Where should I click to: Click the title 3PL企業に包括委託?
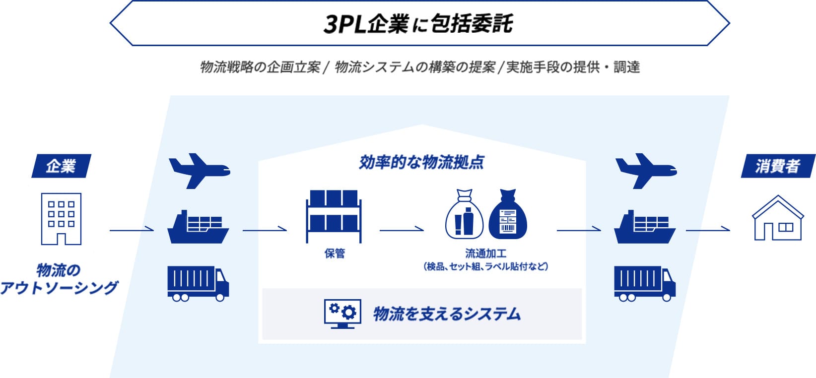418,24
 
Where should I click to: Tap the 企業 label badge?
61,166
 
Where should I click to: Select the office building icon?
61,218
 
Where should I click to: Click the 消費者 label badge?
778,166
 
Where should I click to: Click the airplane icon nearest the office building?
199,171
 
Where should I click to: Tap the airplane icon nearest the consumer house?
645,171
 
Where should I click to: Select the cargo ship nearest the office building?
198,227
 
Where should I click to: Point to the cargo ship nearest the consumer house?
645,227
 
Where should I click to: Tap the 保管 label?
335,253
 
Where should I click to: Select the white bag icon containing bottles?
464,214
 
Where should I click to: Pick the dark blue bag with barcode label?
508,214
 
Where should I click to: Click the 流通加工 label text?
485,253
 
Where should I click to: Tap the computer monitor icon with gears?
342,314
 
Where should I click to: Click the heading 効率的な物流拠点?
421,162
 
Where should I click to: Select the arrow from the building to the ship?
132,230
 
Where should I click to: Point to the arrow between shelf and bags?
402,230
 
